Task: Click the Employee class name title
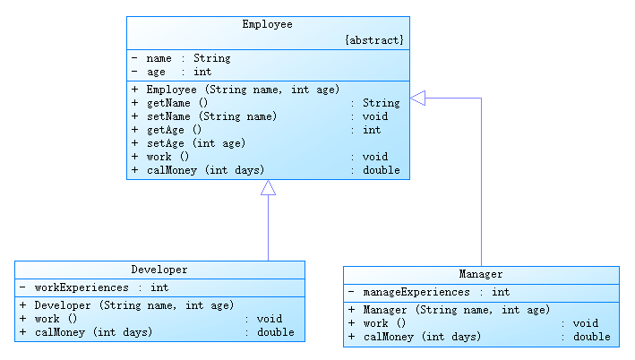point(267,24)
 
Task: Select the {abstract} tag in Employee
point(374,40)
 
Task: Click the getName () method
point(177,103)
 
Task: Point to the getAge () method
point(174,130)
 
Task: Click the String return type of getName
point(381,103)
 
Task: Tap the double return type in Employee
point(381,170)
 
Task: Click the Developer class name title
point(159,270)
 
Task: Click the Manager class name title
point(481,274)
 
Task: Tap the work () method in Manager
point(384,323)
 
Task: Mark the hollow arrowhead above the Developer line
point(268,188)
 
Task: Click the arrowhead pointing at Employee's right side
point(417,98)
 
